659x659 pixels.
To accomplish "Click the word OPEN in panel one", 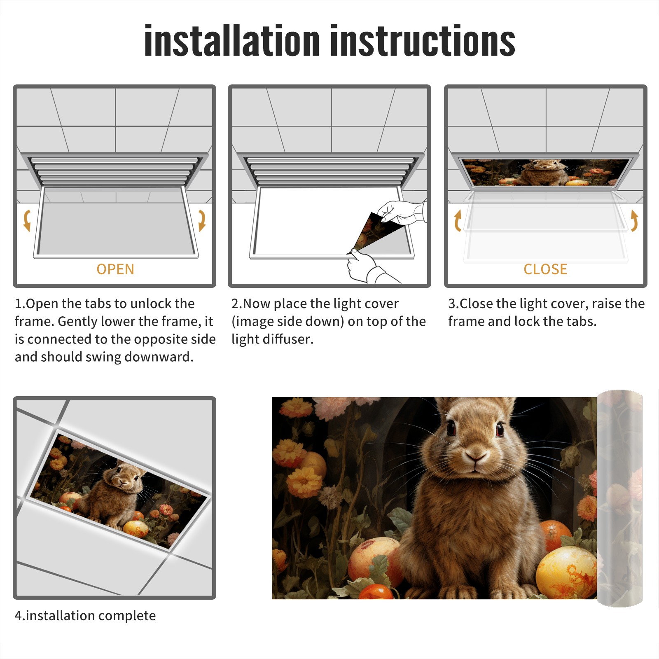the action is pos(115,269).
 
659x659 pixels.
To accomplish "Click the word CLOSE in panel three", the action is pos(545,269).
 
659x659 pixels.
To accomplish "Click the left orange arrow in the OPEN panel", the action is pos(27,220).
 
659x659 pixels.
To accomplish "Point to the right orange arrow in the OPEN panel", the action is pos(202,220).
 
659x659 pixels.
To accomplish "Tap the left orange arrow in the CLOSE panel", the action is pos(458,220).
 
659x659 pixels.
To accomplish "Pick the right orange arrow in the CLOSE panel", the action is pos(634,220).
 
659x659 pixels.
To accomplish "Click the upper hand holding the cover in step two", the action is pos(402,212).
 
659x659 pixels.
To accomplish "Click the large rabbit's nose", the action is pos(476,456).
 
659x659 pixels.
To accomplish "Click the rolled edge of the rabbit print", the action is pos(619,498).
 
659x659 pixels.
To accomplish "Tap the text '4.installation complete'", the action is pos(85,616).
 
